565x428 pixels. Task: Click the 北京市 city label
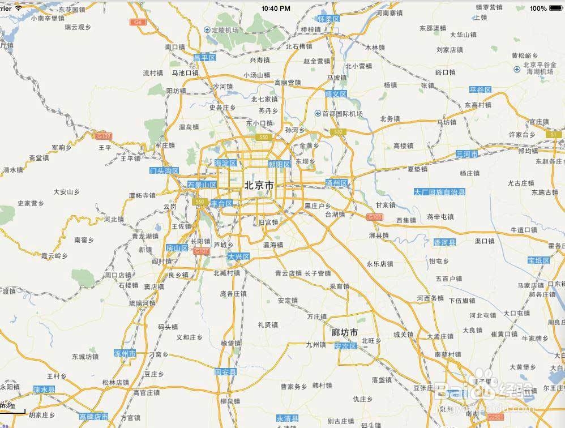coord(259,185)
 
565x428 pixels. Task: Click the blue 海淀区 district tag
coord(225,163)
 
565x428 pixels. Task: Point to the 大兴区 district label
coord(238,256)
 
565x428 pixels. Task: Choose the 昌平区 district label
coord(205,58)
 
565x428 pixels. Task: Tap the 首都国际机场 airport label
coord(342,114)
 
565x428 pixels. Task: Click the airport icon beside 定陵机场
coord(207,30)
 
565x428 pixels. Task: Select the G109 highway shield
coord(103,136)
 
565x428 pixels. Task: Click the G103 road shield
coord(375,217)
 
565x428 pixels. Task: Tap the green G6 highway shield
coord(136,22)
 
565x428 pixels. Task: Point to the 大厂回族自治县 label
coord(439,192)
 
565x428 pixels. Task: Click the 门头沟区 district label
coord(164,170)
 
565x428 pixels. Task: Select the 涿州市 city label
coord(125,353)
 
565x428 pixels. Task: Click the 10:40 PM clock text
coord(277,8)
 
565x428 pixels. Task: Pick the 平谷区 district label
coord(480,90)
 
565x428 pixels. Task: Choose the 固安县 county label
coord(226,373)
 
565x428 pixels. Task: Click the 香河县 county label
coord(444,242)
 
